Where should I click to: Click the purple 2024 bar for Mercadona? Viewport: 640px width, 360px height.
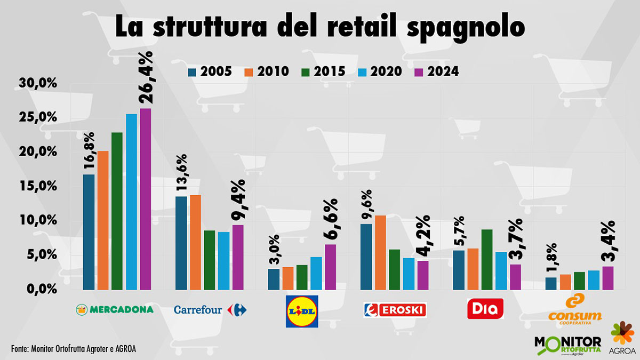coord(145,199)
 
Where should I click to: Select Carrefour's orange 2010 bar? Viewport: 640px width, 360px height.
coord(195,243)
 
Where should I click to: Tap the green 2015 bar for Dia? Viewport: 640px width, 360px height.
coord(486,260)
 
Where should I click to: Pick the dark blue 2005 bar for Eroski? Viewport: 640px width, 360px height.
coord(366,257)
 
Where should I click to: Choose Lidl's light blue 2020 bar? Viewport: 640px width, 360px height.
coord(316,274)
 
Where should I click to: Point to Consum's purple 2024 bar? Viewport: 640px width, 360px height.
coord(607,278)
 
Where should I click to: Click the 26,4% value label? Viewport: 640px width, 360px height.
coord(146,77)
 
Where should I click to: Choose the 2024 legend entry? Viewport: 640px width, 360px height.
coord(434,71)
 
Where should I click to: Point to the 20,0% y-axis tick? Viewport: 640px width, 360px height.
coord(38,152)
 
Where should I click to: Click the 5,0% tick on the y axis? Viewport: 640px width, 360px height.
coord(41,255)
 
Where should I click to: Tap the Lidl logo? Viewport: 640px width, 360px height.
coord(302,311)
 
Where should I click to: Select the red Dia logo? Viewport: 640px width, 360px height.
coord(485,309)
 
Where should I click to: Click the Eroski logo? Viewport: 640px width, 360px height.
coord(395,310)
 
